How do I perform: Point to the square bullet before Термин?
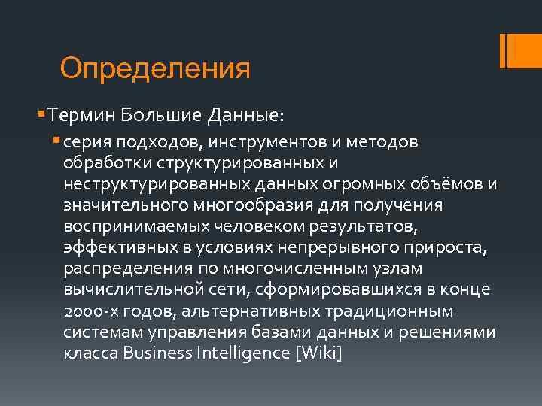pos(40,115)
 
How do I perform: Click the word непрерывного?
pos(338,247)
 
